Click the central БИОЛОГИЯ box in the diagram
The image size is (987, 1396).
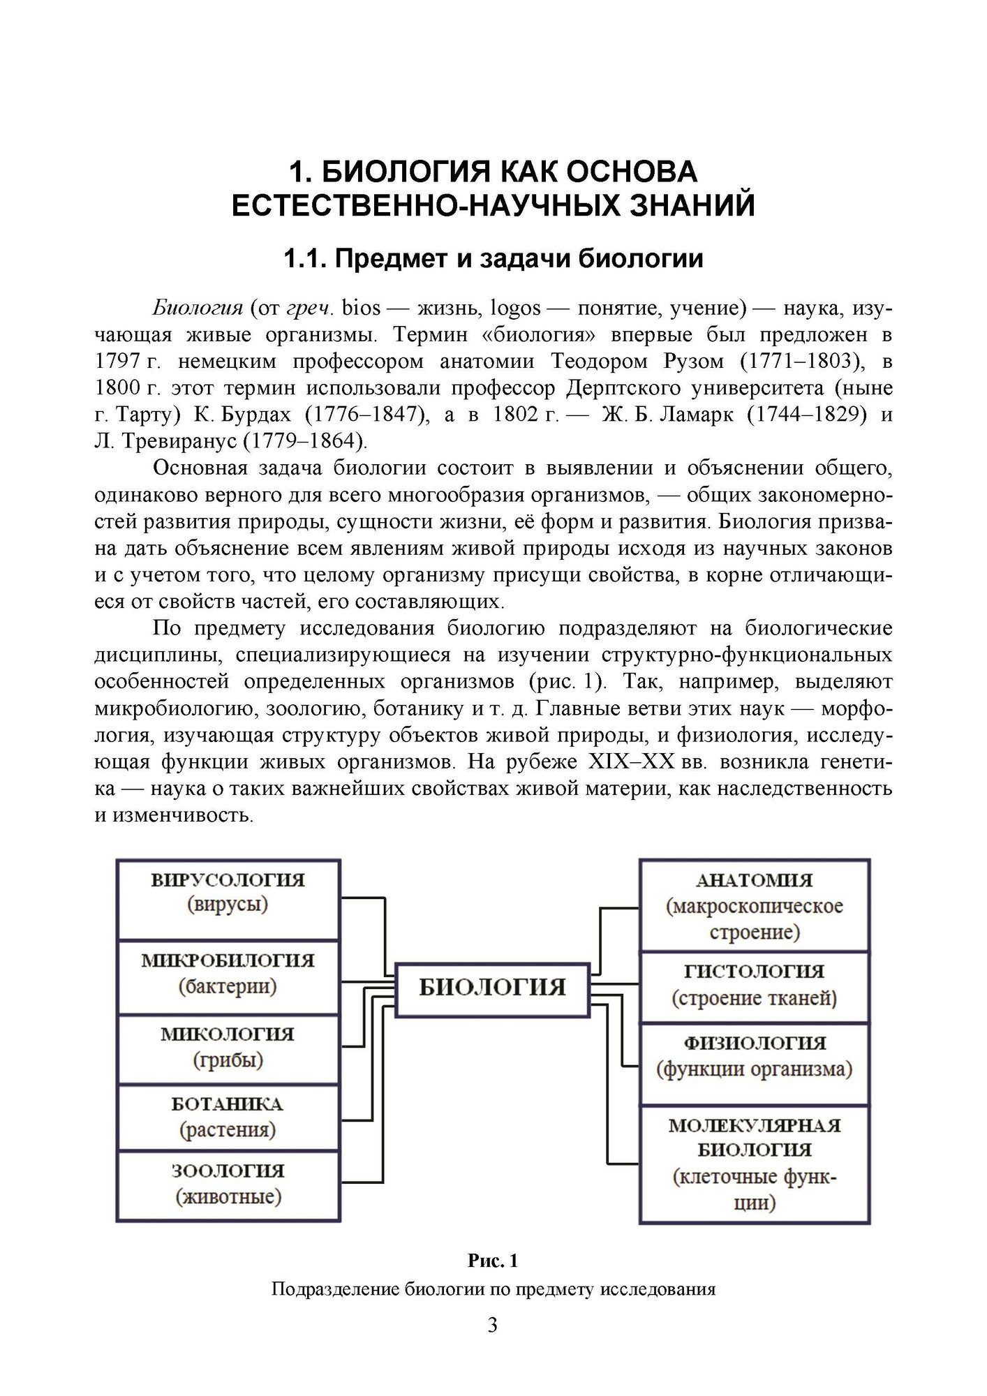click(493, 988)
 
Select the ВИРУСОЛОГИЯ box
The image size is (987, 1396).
click(228, 899)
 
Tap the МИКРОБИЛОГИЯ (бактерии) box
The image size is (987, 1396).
click(228, 977)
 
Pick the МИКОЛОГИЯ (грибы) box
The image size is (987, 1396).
click(228, 1049)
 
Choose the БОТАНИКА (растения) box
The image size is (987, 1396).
click(228, 1117)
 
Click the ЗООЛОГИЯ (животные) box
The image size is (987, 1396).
click(228, 1186)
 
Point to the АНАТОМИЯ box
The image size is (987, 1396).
click(754, 905)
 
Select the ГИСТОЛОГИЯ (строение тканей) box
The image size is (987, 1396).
click(754, 986)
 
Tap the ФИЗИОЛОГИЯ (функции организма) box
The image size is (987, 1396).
click(754, 1058)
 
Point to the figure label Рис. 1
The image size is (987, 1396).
click(493, 1261)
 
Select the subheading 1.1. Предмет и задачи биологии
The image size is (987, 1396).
click(493, 259)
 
